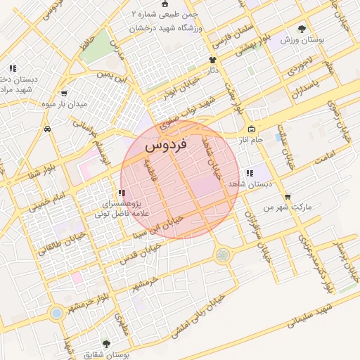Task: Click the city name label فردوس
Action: point(165,146)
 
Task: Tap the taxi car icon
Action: point(47,129)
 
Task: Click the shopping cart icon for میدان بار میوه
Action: point(65,93)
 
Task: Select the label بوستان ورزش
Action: point(302,41)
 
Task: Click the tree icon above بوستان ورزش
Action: point(302,29)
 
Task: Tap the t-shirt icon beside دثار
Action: point(212,60)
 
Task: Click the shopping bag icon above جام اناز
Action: point(252,129)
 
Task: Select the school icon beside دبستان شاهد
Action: point(250,173)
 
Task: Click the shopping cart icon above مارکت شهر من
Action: point(287,196)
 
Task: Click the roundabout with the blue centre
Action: point(56,311)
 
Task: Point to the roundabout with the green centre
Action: point(223,255)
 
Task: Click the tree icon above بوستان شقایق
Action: point(106,343)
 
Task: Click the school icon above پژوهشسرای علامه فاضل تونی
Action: point(122,192)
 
